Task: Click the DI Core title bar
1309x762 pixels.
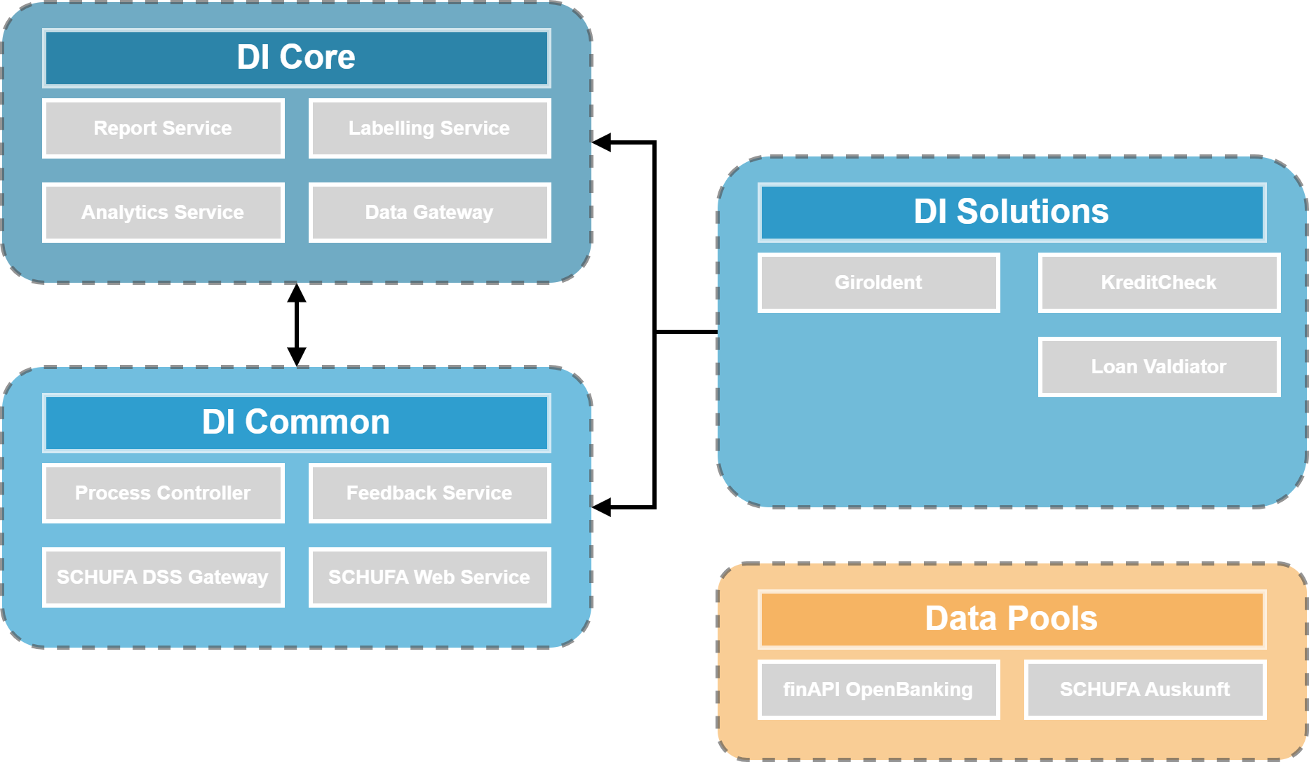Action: (x=296, y=58)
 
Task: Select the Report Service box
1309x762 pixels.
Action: (x=163, y=128)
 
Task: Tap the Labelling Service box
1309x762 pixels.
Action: (x=429, y=128)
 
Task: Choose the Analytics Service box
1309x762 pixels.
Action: (x=163, y=213)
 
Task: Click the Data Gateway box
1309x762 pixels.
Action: (x=429, y=213)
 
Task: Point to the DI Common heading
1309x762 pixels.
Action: (x=296, y=423)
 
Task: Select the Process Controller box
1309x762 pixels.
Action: (x=163, y=493)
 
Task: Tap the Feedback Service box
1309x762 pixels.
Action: (x=429, y=493)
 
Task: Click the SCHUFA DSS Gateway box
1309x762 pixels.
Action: (x=163, y=577)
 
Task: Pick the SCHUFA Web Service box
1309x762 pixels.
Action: (x=429, y=577)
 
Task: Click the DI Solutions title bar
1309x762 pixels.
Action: (x=1012, y=213)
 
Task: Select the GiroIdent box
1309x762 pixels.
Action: (x=878, y=283)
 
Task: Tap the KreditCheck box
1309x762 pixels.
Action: (x=1159, y=283)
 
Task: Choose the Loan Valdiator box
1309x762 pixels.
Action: (x=1159, y=367)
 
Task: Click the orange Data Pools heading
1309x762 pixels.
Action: (x=1012, y=620)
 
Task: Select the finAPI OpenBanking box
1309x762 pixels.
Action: (x=878, y=690)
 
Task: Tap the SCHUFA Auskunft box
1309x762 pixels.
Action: (x=1145, y=690)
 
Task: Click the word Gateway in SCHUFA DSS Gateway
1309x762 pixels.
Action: (x=228, y=578)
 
